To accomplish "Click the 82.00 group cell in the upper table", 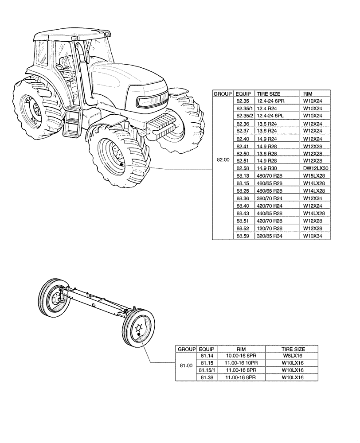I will coord(223,160).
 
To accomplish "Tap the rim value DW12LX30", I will coord(315,168).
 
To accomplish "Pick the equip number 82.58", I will coord(243,168).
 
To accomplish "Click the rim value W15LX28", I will coord(314,176).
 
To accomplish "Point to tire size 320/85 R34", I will coord(270,236).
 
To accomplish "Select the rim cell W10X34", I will coord(313,236).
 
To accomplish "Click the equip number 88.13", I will coord(243,176).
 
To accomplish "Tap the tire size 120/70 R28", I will coord(270,229).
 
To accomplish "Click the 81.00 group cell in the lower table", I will coord(186,365).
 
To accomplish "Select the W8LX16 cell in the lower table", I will coord(293,355).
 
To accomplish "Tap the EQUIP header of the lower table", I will coord(207,349).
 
